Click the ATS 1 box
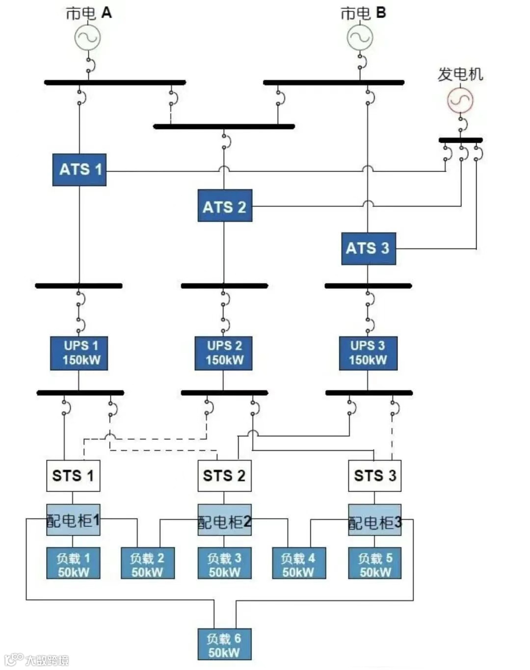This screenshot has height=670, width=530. coord(79,170)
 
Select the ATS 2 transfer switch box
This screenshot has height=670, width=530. coord(225,206)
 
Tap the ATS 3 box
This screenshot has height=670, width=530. coord(368,248)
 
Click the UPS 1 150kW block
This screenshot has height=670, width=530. coord(79,353)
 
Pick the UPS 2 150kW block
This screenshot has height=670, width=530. coord(224,353)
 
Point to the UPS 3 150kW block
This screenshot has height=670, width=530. coord(368,353)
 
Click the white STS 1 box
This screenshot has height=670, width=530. coord(73,475)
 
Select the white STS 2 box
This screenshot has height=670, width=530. coord(224,475)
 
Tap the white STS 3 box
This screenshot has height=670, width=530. coord(375,475)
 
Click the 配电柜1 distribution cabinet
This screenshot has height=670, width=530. coord(73,520)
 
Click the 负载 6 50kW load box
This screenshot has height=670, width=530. coord(225,645)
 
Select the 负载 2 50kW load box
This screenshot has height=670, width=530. coord(148,564)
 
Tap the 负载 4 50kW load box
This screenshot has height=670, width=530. coord(299,564)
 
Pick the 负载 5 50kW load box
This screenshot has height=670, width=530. coord(375,564)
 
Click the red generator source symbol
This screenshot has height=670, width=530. coord(460,101)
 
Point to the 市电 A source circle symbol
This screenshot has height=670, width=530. coord(88,37)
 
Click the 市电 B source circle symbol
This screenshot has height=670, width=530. coord(360,37)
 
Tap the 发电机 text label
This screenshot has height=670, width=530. coord(460,74)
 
